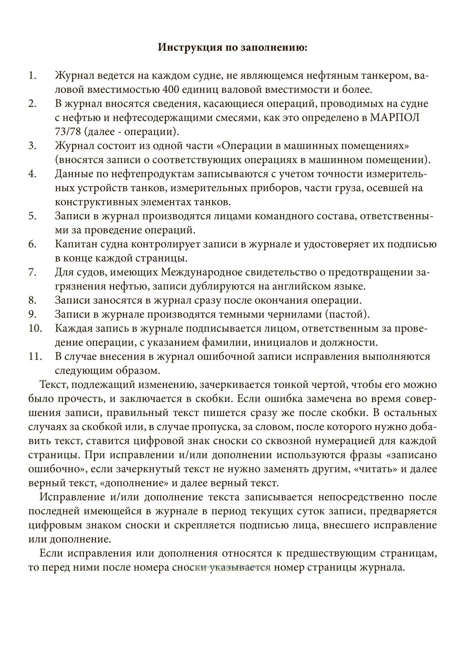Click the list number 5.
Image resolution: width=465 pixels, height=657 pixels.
32,216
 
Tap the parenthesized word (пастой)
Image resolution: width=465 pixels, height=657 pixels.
348,314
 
